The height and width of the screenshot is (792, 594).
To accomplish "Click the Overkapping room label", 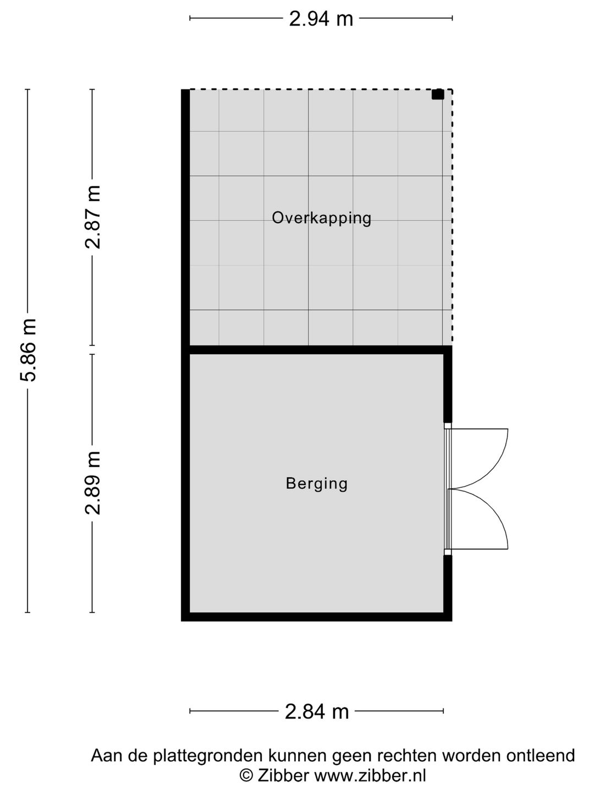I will (x=321, y=218).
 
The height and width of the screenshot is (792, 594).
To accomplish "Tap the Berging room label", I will (x=317, y=483).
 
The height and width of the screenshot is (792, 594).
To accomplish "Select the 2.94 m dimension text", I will (x=321, y=19).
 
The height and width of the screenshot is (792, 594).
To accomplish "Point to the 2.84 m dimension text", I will (x=317, y=712).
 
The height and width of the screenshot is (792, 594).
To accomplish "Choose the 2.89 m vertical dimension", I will (x=92, y=483).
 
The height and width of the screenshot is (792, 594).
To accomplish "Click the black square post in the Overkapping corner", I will (x=437, y=95).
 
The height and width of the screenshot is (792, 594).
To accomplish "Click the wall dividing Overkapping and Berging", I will (x=317, y=350).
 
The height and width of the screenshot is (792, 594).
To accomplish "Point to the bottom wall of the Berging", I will (x=317, y=617).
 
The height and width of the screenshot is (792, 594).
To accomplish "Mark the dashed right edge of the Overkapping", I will (x=452, y=220).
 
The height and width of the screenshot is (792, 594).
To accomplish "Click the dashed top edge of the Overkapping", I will (x=319, y=90).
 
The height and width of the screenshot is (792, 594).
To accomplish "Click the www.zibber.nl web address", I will (x=370, y=776).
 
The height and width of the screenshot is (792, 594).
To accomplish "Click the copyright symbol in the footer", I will (x=246, y=776).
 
